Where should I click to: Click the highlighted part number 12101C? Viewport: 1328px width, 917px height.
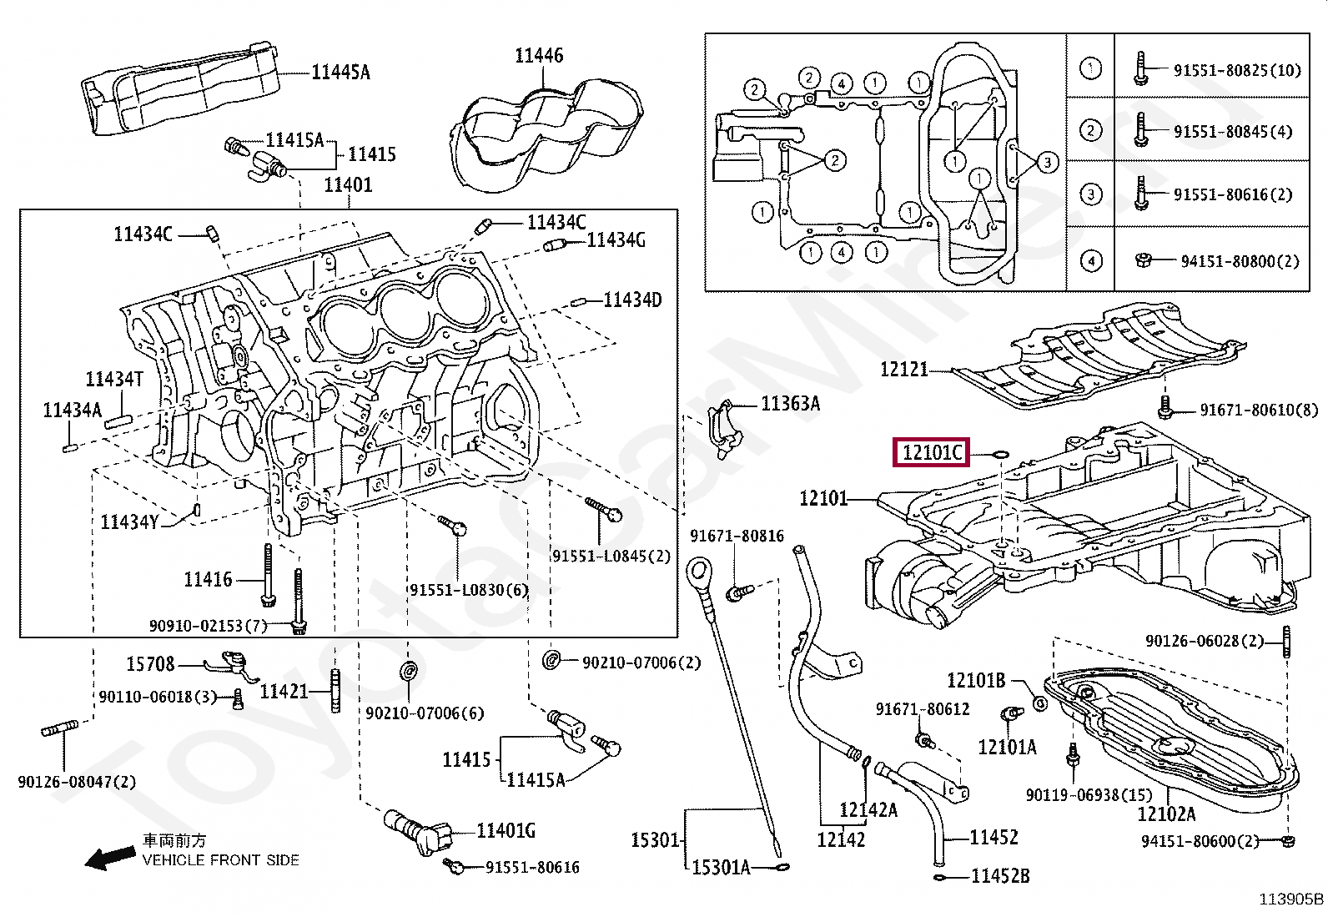coord(932,452)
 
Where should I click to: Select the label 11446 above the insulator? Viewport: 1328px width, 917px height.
coord(539,56)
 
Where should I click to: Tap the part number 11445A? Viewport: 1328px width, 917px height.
coord(341,73)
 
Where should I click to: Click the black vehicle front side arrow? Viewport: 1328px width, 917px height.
coord(110,857)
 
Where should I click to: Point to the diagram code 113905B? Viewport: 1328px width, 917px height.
coord(1290,899)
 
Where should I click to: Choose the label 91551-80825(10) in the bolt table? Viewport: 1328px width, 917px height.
coord(1237,71)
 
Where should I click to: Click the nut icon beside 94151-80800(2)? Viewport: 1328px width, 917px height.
coord(1143,259)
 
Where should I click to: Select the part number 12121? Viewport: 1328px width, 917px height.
coord(904,370)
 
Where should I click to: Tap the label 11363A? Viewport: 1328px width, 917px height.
coord(790,404)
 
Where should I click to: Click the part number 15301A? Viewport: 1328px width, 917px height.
coord(721,867)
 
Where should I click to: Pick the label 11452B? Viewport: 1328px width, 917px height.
coord(1000,875)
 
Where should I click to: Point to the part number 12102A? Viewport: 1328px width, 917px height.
coord(1166,814)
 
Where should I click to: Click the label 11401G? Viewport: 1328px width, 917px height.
coord(506,831)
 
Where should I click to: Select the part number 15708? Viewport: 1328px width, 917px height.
coord(151,663)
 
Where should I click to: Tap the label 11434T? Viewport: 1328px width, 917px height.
coord(114,379)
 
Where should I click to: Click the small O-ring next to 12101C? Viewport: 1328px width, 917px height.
coord(1001,455)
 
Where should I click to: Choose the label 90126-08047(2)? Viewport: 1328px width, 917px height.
coord(77,782)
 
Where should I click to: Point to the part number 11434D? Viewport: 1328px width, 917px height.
coord(632,300)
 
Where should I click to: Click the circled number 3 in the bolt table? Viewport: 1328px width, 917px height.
coord(1091,194)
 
